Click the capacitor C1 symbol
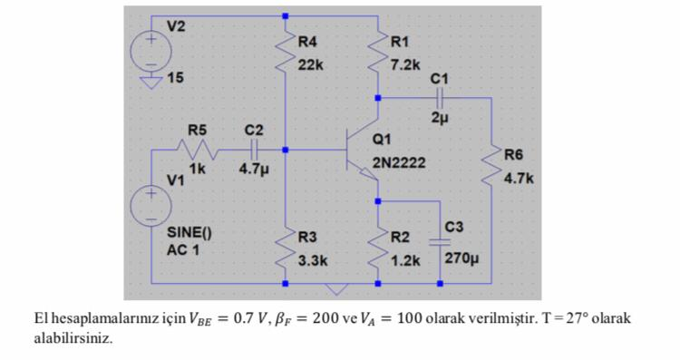pyautogui.click(x=439, y=96)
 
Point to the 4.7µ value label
pyautogui.click(x=254, y=169)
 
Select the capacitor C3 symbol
pyautogui.click(x=440, y=242)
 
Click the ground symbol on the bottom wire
pyautogui.click(x=337, y=289)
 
